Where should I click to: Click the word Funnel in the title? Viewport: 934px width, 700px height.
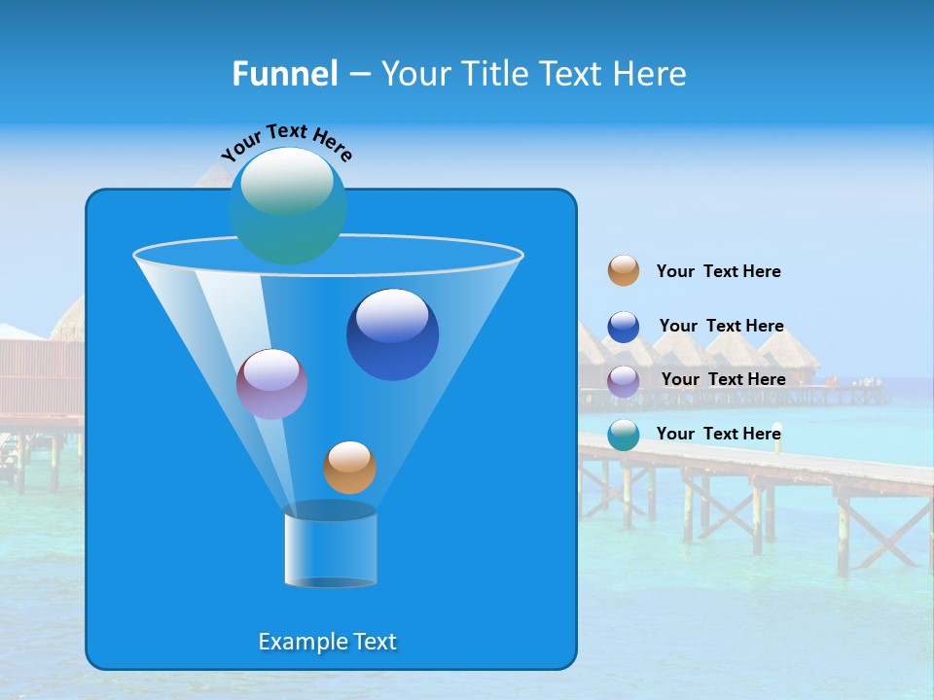pyautogui.click(x=284, y=74)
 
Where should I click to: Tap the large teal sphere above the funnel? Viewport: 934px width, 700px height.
pyautogui.click(x=288, y=206)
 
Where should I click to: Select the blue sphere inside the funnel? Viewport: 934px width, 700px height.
pyautogui.click(x=392, y=334)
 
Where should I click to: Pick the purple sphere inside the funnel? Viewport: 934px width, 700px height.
pyautogui.click(x=271, y=384)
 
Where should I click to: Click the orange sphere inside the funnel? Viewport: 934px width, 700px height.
pyautogui.click(x=349, y=468)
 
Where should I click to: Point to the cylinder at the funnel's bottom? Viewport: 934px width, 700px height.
pyautogui.click(x=330, y=546)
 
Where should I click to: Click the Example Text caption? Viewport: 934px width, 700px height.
pyautogui.click(x=327, y=642)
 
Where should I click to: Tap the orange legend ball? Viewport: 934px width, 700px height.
pyautogui.click(x=624, y=271)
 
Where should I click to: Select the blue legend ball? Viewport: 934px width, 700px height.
pyautogui.click(x=624, y=327)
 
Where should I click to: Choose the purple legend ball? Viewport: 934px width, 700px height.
pyautogui.click(x=624, y=381)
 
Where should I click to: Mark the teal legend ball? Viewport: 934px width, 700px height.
pyautogui.click(x=624, y=435)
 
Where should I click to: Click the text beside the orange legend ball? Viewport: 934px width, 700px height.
pyautogui.click(x=718, y=271)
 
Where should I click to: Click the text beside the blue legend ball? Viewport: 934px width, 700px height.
pyautogui.click(x=721, y=326)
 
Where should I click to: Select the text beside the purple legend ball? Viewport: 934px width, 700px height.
pyautogui.click(x=723, y=379)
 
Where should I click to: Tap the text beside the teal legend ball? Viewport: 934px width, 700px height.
pyautogui.click(x=718, y=434)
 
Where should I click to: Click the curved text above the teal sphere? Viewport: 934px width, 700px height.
pyautogui.click(x=286, y=138)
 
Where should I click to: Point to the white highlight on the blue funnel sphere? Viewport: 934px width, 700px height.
pyautogui.click(x=392, y=316)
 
